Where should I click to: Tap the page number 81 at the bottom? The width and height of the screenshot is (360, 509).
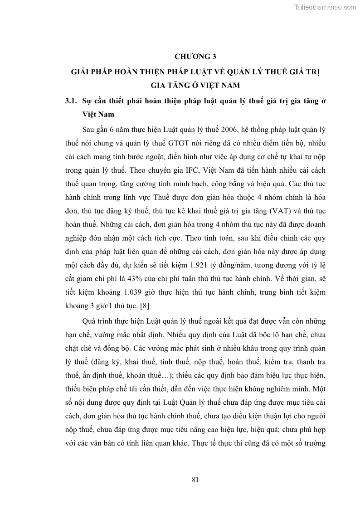click(195, 479)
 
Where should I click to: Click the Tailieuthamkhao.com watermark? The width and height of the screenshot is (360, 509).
click(325, 7)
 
